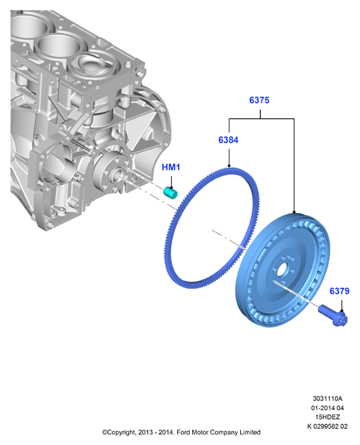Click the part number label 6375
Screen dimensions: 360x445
pos(259,100)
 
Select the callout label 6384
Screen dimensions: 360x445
pos(229,140)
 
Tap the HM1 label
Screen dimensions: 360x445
pos(171,167)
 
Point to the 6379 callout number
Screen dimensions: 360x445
pos(339,291)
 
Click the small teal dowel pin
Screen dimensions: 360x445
pos(170,192)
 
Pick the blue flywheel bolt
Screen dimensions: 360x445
pos(333,315)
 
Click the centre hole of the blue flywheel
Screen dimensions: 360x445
pos(282,269)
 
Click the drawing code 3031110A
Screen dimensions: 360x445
pos(328,398)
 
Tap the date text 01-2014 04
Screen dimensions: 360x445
pos(328,408)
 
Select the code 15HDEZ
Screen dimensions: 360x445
pos(328,417)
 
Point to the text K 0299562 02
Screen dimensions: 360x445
pos(328,426)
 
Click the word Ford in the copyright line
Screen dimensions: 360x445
pos(183,432)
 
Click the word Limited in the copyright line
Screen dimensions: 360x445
pos(250,432)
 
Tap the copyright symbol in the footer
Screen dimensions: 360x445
pos(104,433)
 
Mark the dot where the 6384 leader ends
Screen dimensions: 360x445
pos(229,165)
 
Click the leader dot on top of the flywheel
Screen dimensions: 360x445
pos(294,212)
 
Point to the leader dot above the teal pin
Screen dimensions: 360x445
pos(171,188)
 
